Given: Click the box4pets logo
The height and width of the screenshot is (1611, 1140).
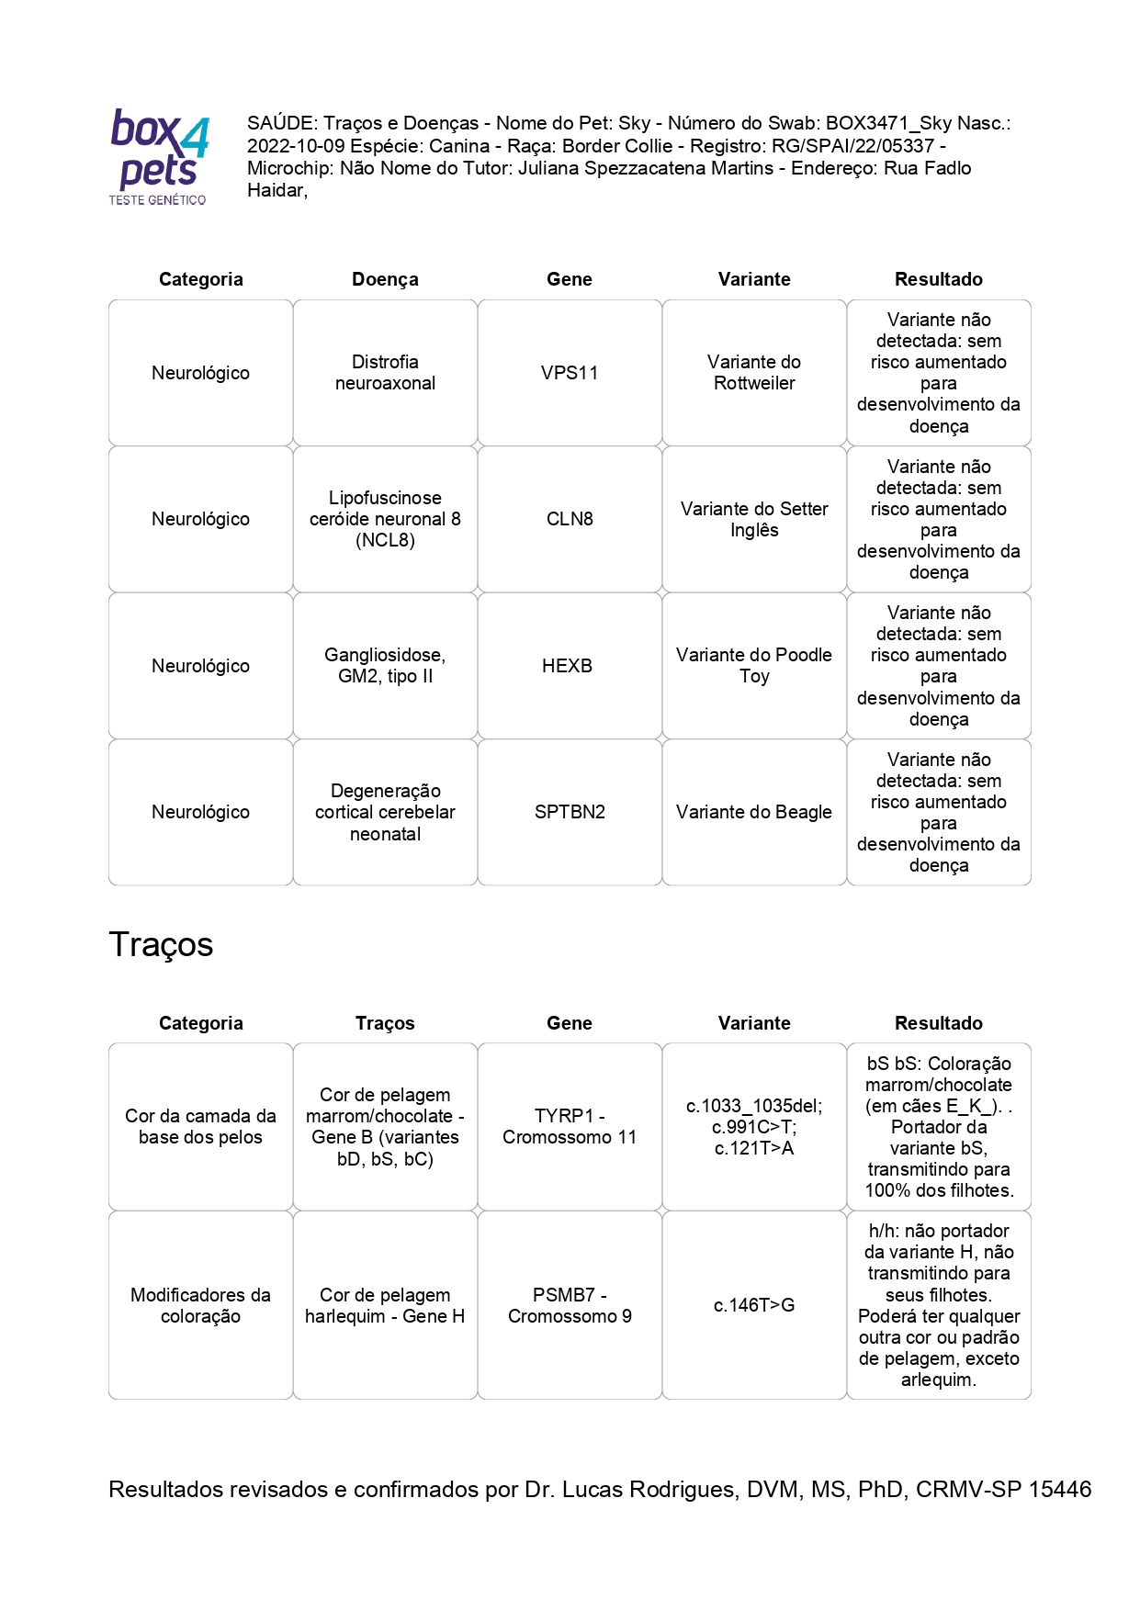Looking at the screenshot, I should [x=159, y=156].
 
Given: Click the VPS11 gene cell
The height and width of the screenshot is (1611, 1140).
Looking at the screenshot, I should [x=570, y=373].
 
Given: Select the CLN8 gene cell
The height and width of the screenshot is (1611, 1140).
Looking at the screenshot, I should [x=570, y=519].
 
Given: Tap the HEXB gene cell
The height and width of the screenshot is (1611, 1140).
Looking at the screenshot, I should [x=567, y=666].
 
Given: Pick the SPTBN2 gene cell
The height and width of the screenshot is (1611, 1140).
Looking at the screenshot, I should [x=570, y=812].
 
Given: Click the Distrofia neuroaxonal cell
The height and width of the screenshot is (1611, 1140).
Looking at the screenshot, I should [x=385, y=373].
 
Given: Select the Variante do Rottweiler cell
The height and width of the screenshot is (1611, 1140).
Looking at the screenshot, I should [x=754, y=373].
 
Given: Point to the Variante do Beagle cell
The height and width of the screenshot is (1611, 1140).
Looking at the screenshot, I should [x=754, y=812].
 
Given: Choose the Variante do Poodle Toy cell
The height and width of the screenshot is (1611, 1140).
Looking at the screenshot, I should [x=754, y=666].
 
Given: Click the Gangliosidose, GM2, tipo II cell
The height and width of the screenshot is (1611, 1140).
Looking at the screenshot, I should [x=385, y=666].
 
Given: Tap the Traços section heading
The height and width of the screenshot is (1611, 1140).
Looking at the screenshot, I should [x=161, y=945].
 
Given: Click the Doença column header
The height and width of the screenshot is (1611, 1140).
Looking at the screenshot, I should [x=385, y=279].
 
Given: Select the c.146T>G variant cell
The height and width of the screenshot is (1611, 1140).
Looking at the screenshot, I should [x=754, y=1305].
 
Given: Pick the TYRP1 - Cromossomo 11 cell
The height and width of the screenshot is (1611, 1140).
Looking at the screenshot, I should [x=570, y=1126].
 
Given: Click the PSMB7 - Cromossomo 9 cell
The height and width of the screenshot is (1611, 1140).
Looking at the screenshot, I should [x=570, y=1305].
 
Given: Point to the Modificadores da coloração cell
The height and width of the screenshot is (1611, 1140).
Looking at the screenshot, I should [x=200, y=1305].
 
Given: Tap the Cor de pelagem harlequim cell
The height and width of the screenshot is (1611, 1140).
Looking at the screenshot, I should [x=385, y=1305].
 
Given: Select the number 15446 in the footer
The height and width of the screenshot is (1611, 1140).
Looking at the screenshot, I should [x=1059, y=1489].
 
